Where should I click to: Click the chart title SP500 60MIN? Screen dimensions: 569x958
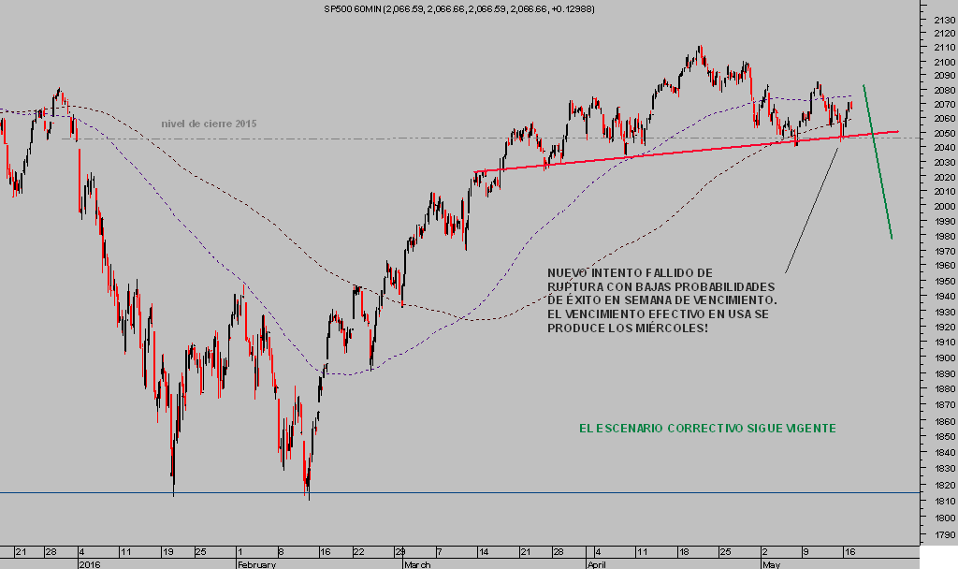coord(350,8)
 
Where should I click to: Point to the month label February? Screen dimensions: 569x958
coord(254,565)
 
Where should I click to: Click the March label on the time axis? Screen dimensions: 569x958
coord(417,565)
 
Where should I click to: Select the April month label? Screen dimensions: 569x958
coord(597,565)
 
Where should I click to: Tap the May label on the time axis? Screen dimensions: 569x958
coord(771,565)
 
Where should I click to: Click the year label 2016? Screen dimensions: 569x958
coord(89,565)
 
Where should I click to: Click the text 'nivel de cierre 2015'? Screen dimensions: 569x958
coord(209,124)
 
